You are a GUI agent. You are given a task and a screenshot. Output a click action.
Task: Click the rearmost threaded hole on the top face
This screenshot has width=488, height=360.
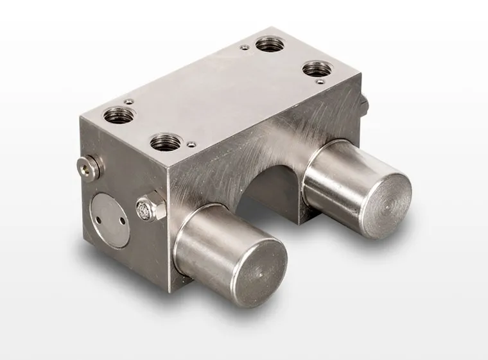(270, 44)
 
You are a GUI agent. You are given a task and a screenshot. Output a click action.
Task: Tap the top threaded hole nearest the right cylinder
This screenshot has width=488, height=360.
(316, 68)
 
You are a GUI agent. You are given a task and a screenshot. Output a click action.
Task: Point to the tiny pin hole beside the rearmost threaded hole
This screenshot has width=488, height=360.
(244, 46)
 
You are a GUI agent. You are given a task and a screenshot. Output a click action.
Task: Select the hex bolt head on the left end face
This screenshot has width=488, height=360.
(146, 208)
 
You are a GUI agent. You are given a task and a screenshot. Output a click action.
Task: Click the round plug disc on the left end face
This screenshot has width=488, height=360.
(110, 221)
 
